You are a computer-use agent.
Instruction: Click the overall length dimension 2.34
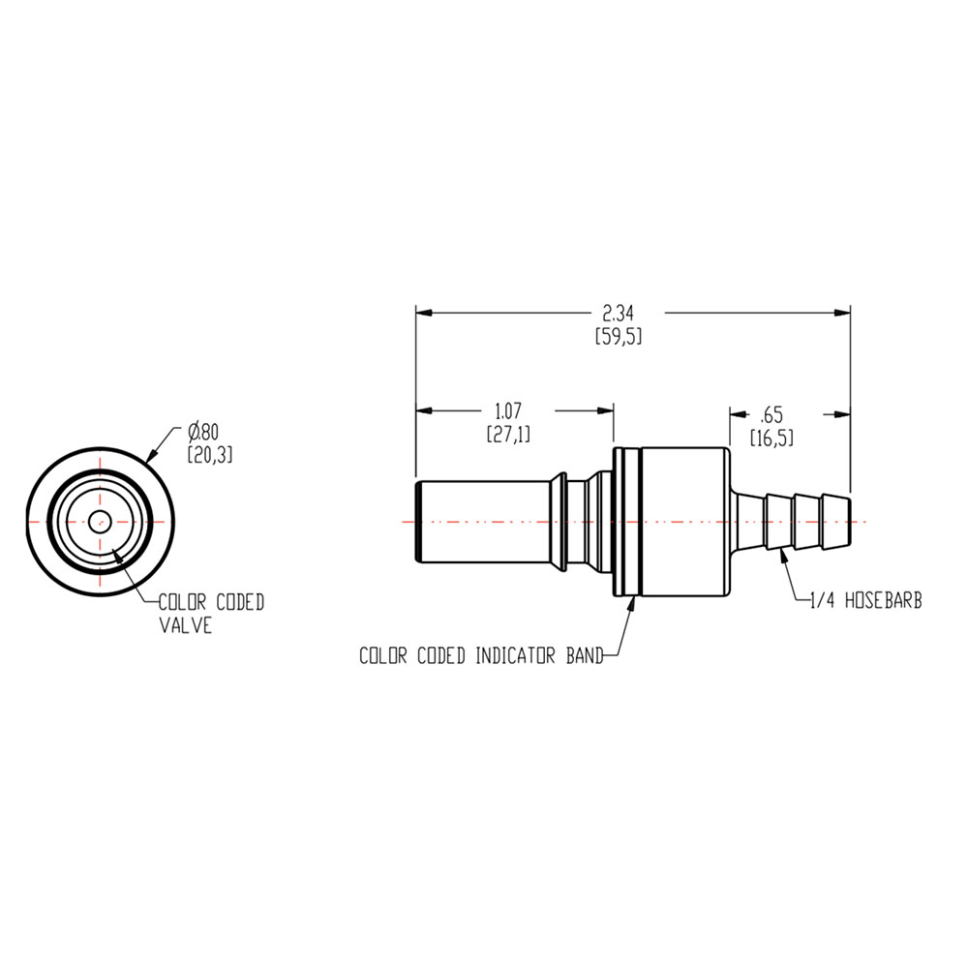click(619, 313)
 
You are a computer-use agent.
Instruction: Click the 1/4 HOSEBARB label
click(864, 601)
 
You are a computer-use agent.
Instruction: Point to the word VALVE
click(186, 626)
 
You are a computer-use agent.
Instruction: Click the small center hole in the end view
click(99, 521)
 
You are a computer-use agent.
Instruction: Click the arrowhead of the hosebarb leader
click(779, 556)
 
